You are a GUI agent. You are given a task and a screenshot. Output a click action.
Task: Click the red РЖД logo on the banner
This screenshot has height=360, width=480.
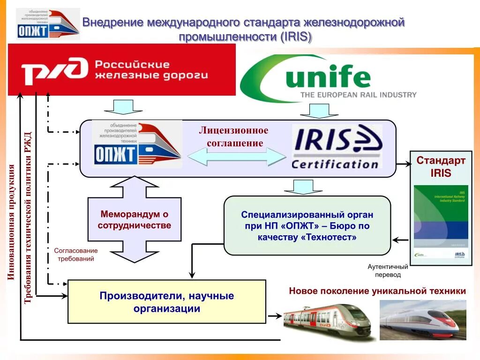[54, 70]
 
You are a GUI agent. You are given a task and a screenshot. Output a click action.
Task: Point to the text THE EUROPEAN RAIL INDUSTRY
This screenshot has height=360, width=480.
[358, 95]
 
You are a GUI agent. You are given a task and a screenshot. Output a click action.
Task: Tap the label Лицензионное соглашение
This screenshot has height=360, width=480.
[233, 136]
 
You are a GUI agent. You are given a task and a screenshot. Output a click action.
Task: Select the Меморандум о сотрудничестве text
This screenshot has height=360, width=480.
[134, 220]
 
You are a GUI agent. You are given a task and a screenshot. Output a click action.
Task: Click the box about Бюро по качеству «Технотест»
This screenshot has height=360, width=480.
[307, 226]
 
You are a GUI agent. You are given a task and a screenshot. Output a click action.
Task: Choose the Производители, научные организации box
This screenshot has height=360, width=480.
[166, 302]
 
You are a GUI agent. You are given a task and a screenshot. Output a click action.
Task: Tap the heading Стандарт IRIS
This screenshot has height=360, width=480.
[441, 167]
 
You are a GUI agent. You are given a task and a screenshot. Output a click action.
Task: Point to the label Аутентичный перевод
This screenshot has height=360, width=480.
[388, 270]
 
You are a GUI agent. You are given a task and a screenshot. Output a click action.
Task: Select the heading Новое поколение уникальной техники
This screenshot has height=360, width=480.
[377, 291]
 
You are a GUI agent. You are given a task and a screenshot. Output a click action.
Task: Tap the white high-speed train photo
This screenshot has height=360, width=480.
[422, 320]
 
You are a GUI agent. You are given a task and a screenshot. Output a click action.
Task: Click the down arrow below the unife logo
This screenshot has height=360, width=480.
[315, 111]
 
